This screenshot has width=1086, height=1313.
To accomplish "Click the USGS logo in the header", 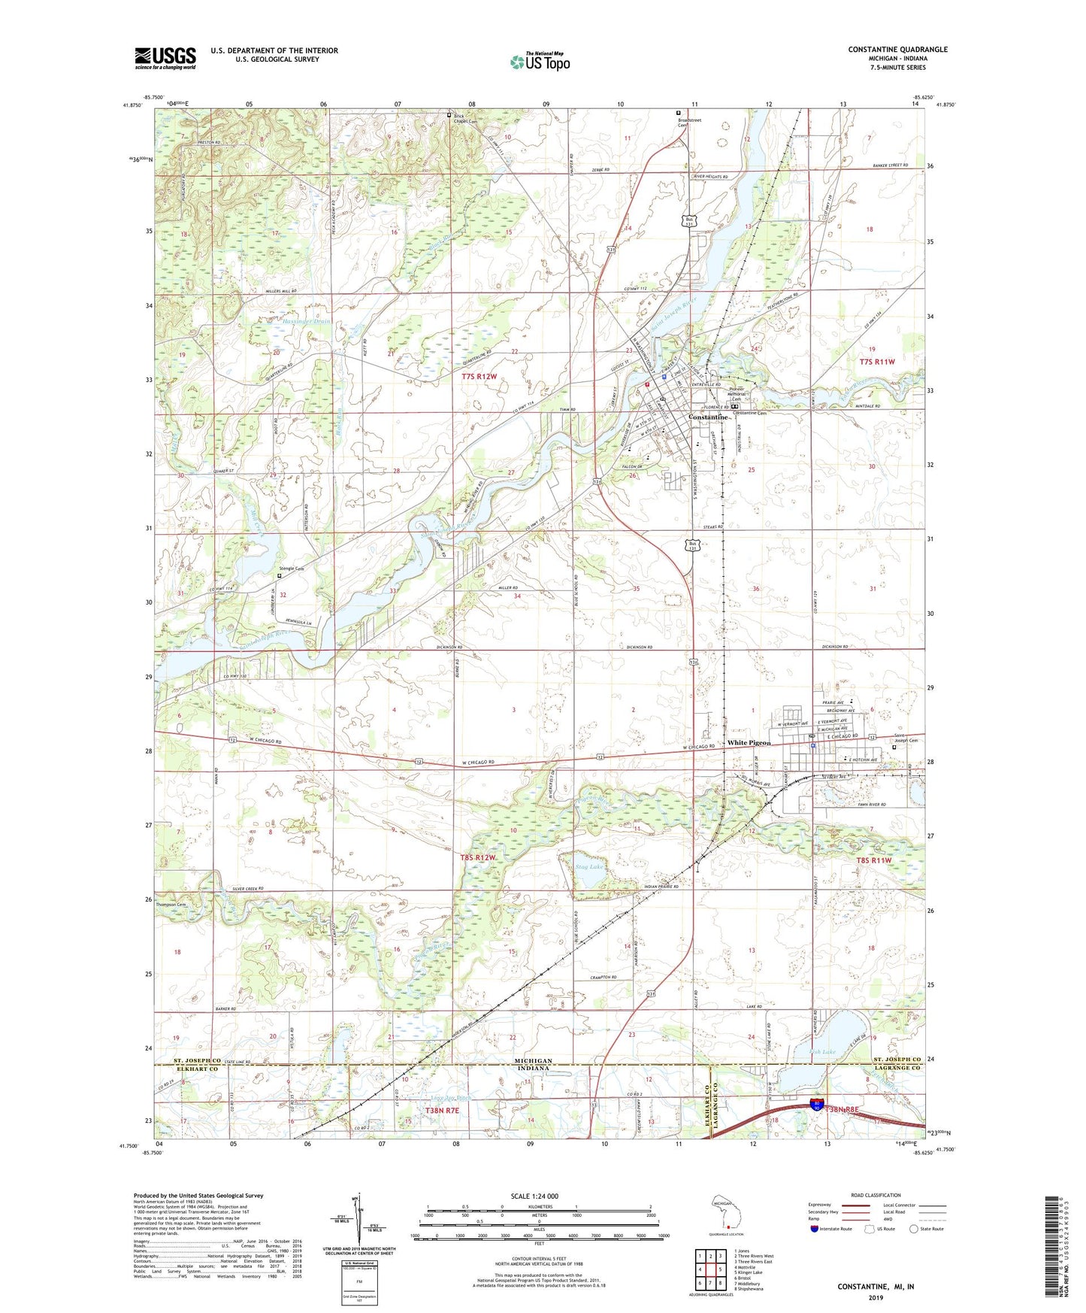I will pos(165,58).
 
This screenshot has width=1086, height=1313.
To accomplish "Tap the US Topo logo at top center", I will pos(540,61).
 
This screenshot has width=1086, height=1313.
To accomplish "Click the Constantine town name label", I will pos(708,417).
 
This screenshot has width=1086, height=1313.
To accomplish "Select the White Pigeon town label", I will pos(749,743).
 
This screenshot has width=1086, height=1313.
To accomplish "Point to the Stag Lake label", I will pos(589,867).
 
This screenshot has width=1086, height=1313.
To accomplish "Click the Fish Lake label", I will pos(822,1051).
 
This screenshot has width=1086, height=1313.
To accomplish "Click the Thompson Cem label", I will pos(171,905).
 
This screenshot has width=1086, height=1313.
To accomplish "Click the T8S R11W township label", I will pos(876,860).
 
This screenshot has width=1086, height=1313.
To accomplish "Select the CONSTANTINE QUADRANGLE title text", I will pos(897,50).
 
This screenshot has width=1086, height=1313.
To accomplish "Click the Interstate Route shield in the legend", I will pos(815,1229).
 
